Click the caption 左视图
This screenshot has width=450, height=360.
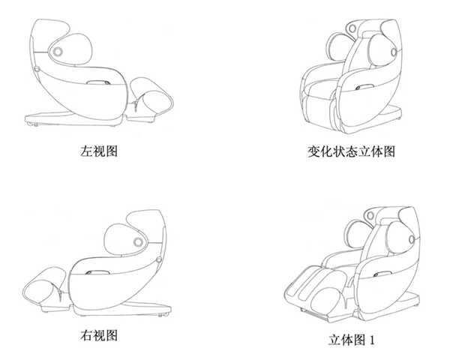[x=99, y=151]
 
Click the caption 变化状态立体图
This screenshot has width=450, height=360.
[x=351, y=151]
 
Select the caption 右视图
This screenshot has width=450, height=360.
[x=99, y=335]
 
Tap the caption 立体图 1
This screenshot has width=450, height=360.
[x=352, y=340]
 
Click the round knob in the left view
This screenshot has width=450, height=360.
[x=58, y=52]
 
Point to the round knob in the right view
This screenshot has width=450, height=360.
[x=138, y=242]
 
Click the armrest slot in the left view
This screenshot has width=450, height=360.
[x=98, y=82]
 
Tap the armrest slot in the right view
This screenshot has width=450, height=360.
[x=97, y=272]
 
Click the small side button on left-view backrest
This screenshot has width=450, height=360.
[x=37, y=69]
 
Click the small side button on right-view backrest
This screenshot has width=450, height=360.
[x=159, y=259]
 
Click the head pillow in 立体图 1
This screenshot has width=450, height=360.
[x=397, y=235]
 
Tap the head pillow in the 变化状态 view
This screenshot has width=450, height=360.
[x=379, y=49]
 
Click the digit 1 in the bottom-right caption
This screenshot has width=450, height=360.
[x=372, y=340]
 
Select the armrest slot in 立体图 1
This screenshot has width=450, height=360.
[x=382, y=274]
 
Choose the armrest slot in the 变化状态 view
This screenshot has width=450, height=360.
[x=365, y=87]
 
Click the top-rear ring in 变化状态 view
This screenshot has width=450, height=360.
[x=352, y=28]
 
